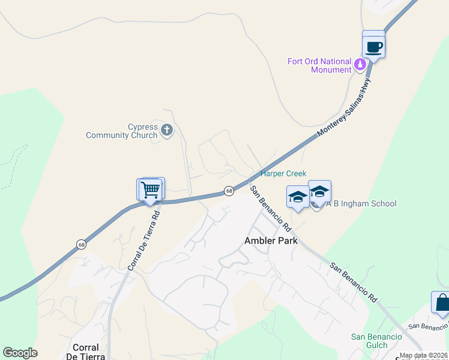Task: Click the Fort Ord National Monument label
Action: (x=319, y=65)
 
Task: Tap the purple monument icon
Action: (x=360, y=64)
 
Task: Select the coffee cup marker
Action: (x=373, y=46)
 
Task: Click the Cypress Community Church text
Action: (x=121, y=131)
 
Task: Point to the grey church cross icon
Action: (x=167, y=129)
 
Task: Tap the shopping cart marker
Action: (x=151, y=190)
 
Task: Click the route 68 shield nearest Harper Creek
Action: (x=229, y=191)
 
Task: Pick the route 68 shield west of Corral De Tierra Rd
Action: (x=81, y=244)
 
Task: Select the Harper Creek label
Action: (x=283, y=174)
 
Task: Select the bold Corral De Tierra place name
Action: (x=85, y=352)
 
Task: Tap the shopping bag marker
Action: (x=441, y=303)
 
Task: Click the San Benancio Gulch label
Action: (x=376, y=341)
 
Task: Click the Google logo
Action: (x=20, y=353)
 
